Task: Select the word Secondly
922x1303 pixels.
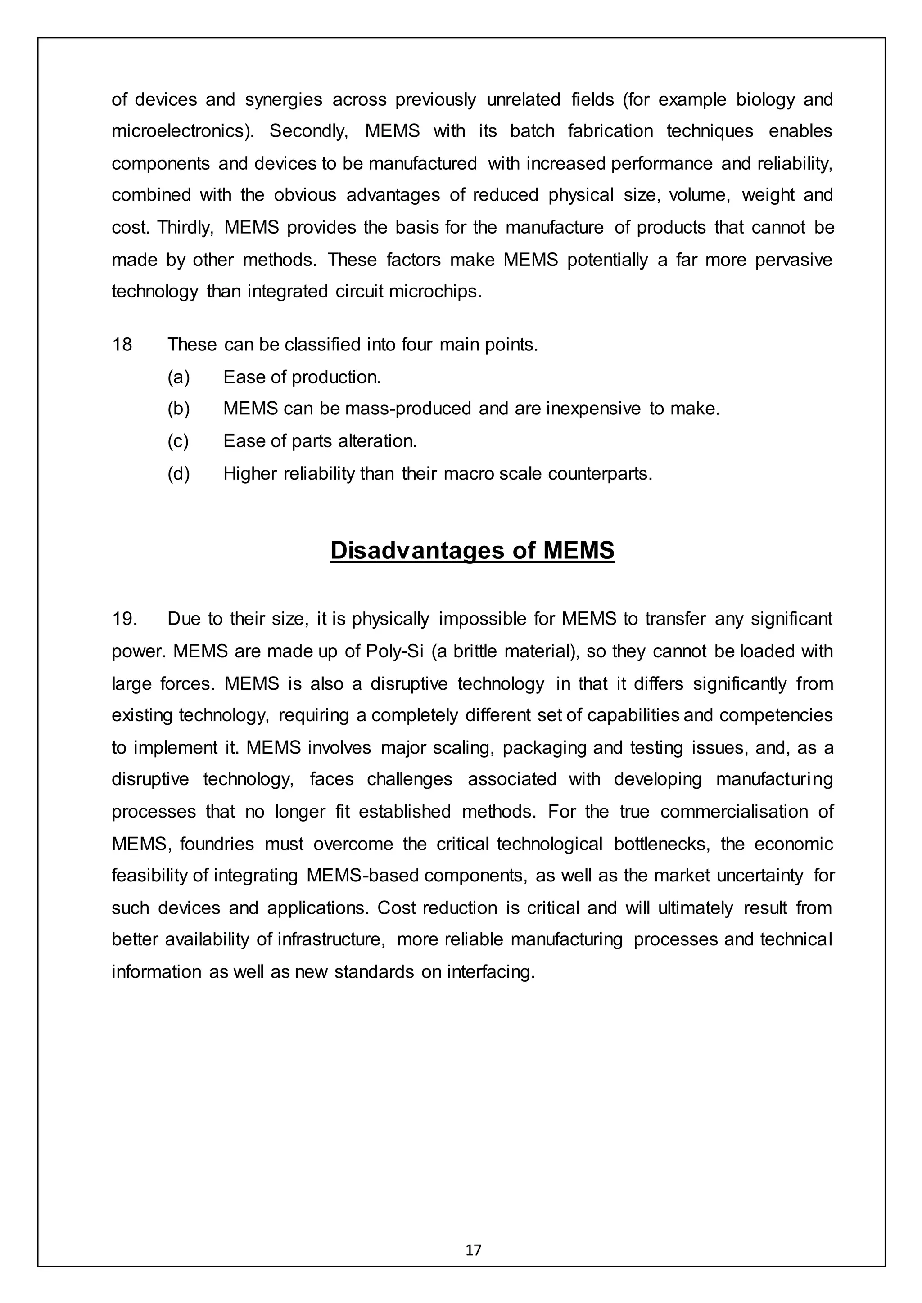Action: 308,132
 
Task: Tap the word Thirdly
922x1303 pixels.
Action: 185,228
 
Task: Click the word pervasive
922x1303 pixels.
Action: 793,260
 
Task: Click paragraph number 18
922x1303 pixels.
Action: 122,345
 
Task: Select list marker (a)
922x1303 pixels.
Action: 178,377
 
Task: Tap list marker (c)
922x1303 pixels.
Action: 178,441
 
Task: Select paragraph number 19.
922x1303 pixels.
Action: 124,619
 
